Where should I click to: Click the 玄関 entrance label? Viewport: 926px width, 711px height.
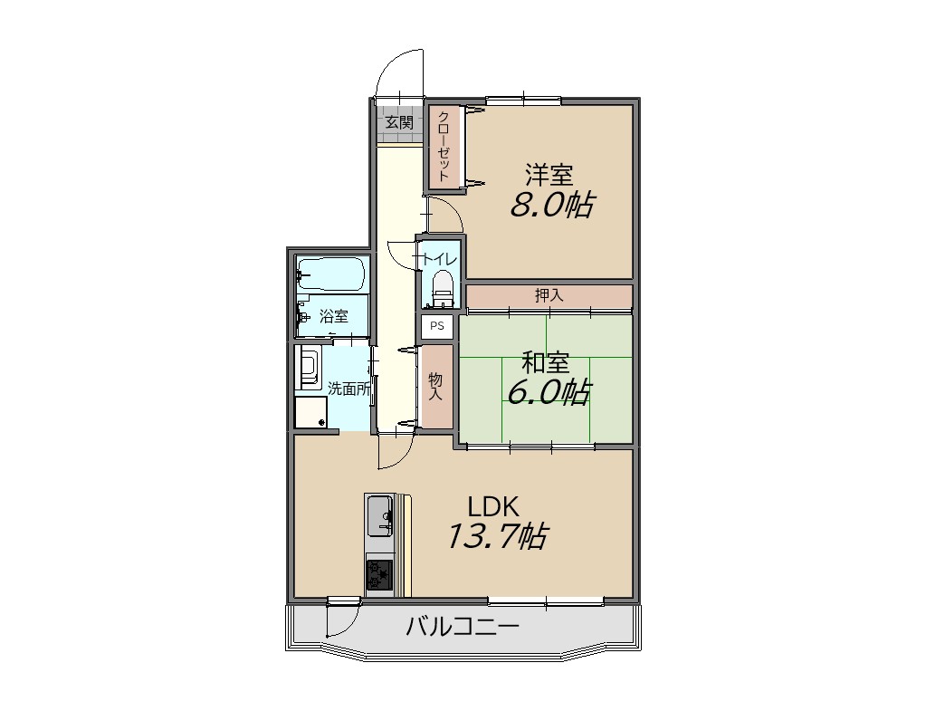(x=399, y=123)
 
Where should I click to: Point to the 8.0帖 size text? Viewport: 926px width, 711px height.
(x=551, y=205)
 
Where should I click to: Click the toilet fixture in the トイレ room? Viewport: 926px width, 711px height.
(x=441, y=289)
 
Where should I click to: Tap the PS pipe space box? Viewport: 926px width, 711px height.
(x=437, y=326)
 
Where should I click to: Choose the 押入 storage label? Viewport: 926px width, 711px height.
(x=549, y=295)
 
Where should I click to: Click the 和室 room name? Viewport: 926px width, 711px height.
(x=545, y=362)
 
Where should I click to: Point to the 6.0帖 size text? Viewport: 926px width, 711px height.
(x=548, y=391)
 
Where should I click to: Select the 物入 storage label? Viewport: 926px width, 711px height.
(x=435, y=387)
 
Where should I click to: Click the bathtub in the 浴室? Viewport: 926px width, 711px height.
(x=330, y=274)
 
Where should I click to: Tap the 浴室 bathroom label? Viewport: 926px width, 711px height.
(x=334, y=315)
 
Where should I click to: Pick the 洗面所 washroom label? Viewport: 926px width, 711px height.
(x=349, y=389)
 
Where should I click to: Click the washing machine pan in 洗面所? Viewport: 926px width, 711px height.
(x=310, y=412)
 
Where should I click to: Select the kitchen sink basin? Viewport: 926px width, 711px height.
(x=379, y=516)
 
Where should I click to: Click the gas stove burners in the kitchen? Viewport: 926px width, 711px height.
(x=379, y=574)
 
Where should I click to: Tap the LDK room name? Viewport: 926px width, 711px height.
(x=493, y=506)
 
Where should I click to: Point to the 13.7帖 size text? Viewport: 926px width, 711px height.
(x=495, y=536)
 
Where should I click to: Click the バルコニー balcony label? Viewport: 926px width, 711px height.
(x=463, y=626)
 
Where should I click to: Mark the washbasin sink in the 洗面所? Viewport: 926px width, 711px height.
(x=309, y=367)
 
